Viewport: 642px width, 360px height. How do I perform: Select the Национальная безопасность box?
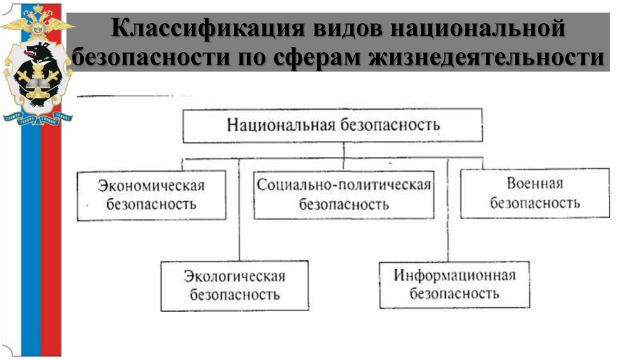tap(333, 125)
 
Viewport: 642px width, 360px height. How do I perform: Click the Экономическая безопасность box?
tap(151, 195)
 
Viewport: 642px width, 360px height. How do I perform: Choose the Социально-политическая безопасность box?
tap(344, 194)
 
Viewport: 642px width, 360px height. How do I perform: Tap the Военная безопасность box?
tap(535, 193)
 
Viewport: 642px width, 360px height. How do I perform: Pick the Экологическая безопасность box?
tap(234, 285)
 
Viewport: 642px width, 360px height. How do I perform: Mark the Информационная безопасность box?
tap(455, 284)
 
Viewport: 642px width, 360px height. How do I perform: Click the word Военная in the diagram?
tap(534, 184)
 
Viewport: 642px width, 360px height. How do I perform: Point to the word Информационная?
tap(455, 275)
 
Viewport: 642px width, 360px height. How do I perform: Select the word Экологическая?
tap(234, 277)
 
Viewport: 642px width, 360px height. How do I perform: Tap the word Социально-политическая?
tap(344, 185)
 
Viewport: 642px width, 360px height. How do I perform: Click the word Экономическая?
tap(151, 186)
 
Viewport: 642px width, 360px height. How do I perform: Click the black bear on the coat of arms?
tap(36, 60)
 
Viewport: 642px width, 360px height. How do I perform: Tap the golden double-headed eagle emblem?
tap(38, 22)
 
